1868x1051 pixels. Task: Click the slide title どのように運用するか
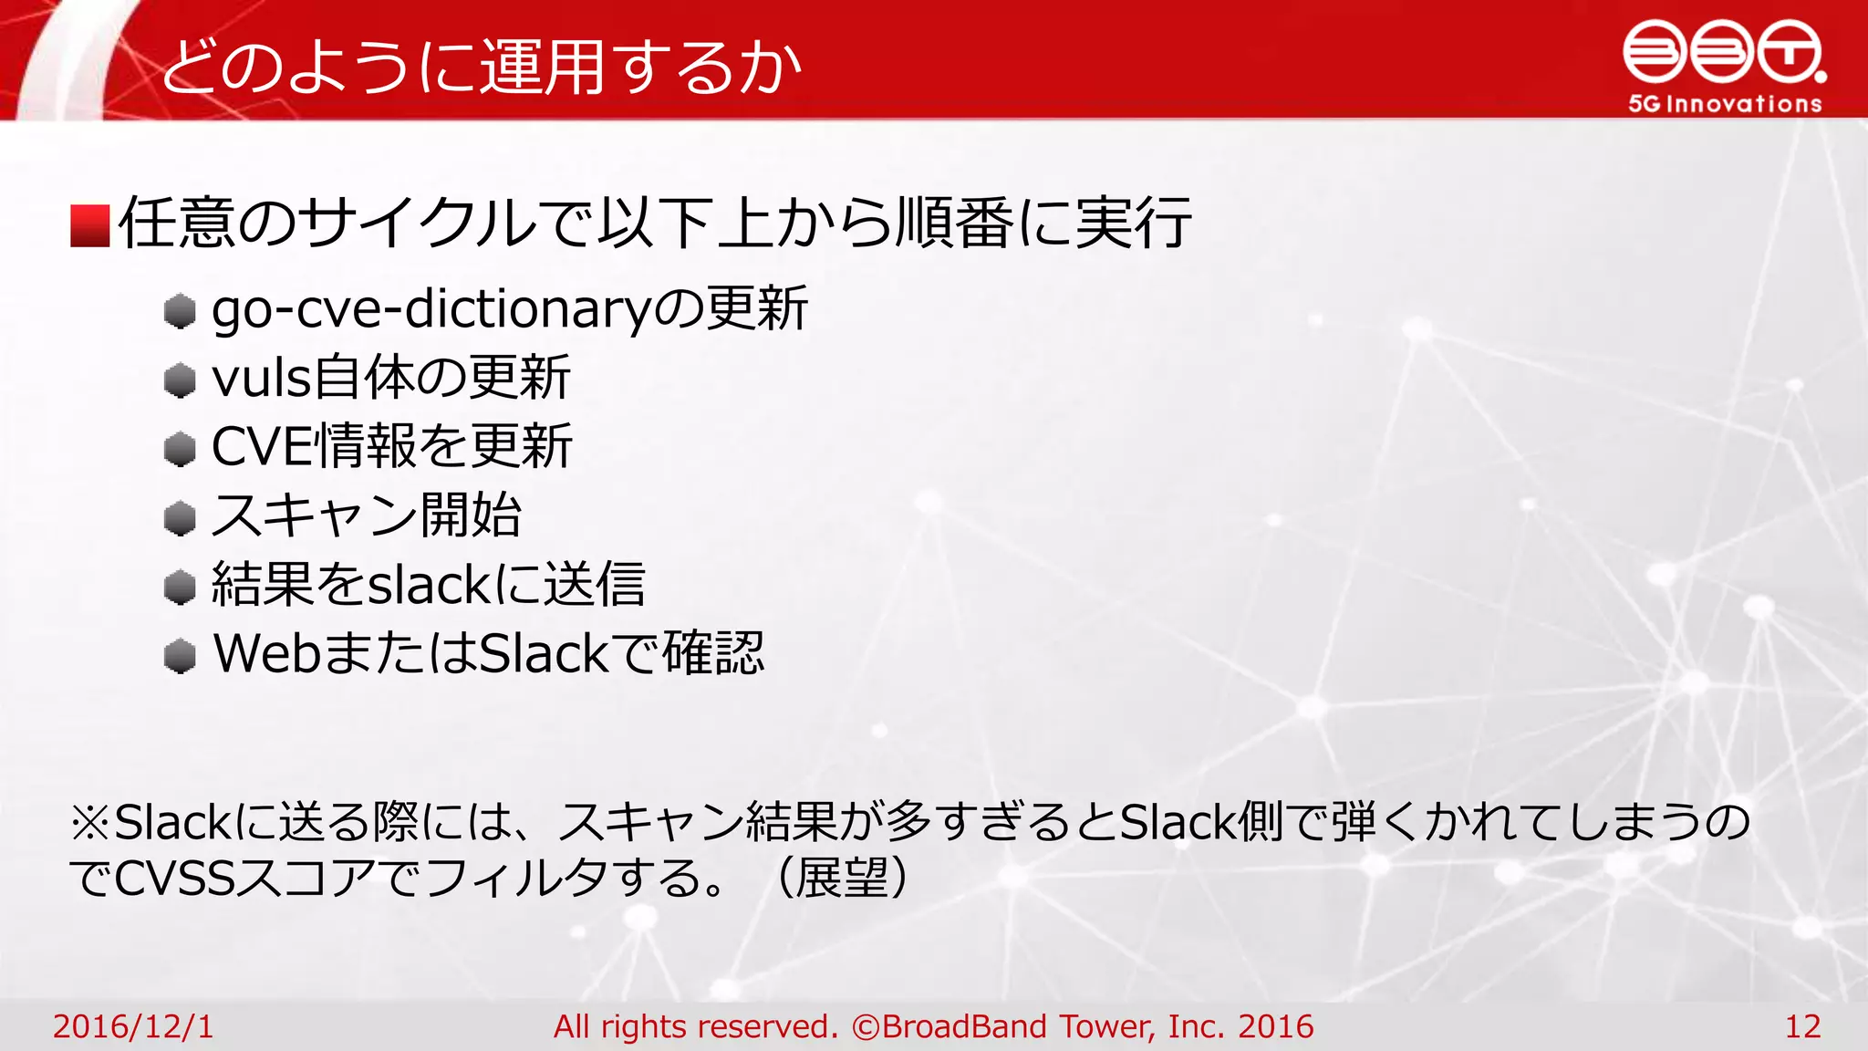(481, 66)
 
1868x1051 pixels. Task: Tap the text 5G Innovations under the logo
(1725, 104)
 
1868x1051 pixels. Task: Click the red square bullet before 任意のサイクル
(90, 225)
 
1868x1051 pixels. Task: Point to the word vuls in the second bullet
(261, 378)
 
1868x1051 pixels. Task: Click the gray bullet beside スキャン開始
(181, 518)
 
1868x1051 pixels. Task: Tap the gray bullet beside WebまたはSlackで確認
(181, 655)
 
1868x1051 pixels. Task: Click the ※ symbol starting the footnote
(91, 822)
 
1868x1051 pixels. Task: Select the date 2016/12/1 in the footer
(133, 1026)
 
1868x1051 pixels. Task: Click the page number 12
(1802, 1026)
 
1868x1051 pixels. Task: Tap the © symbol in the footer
(865, 1027)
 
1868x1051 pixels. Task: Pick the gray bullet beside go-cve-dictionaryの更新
(181, 311)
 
